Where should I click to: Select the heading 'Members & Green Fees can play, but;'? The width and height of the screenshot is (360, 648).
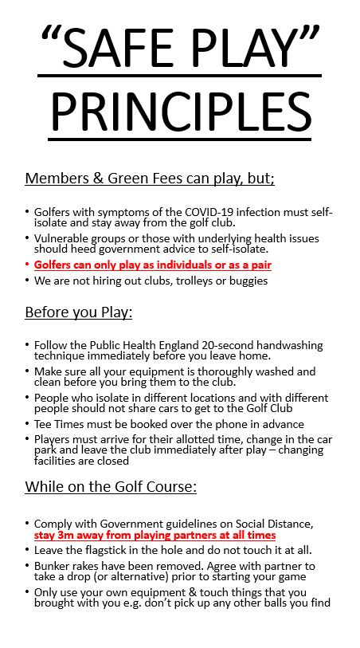coord(150,179)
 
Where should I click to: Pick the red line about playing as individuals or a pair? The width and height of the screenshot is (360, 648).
coord(158,265)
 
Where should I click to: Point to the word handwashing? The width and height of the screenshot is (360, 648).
coord(288,345)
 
